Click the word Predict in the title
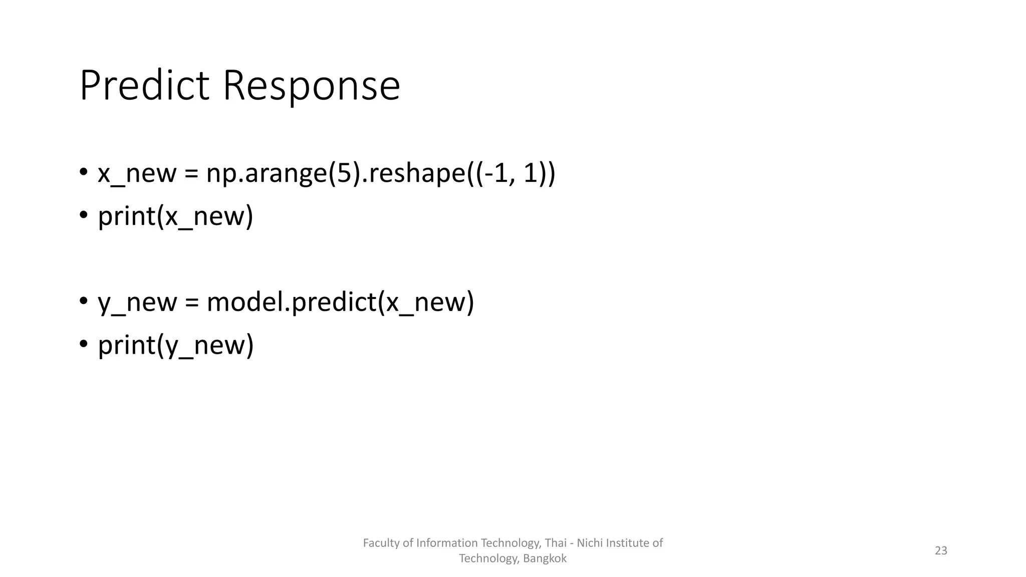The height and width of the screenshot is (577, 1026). tap(144, 86)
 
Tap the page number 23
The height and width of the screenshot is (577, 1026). tap(941, 550)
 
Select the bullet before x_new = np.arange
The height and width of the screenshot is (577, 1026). tap(83, 172)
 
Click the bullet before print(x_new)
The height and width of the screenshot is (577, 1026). tap(83, 215)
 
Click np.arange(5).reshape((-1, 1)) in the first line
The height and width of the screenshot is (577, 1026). tap(381, 173)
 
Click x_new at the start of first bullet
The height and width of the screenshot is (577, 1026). tap(137, 173)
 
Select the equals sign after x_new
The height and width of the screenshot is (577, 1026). tap(191, 174)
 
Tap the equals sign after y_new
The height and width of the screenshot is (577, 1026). tap(191, 303)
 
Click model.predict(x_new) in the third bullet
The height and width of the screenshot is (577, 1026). tap(340, 302)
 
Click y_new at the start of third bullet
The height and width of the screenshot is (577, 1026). tap(137, 303)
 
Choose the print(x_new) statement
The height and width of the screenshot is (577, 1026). tap(175, 216)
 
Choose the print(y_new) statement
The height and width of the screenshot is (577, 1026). tap(175, 345)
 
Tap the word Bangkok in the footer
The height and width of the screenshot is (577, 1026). tap(545, 558)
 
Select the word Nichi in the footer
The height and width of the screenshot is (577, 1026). tap(590, 543)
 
